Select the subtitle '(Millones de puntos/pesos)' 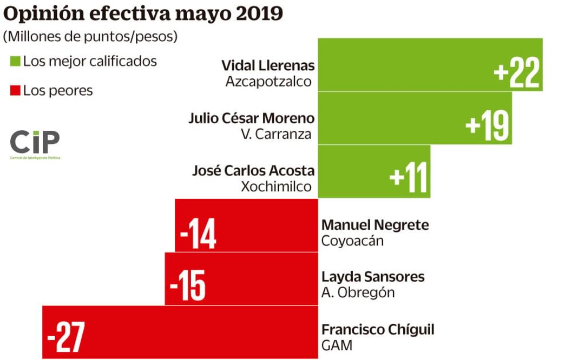90,37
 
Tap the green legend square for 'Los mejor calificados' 15,62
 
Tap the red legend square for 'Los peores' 15,90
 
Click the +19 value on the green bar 488,125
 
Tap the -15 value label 188,285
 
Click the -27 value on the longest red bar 66,337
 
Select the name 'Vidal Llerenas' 268,65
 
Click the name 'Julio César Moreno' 251,118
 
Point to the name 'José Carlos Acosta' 253,171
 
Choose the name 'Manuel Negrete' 375,225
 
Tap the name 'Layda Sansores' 373,277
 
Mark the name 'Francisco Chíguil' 378,330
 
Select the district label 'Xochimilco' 276,187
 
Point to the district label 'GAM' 336,345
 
